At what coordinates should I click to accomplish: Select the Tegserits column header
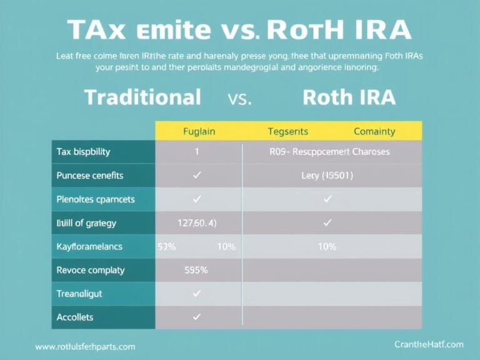click(x=288, y=131)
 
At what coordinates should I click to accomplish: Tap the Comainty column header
click(x=374, y=131)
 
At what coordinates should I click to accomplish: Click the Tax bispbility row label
click(x=83, y=152)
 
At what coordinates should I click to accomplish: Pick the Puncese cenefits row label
click(x=89, y=176)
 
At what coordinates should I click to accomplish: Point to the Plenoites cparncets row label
click(x=95, y=199)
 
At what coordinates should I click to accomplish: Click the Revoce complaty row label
click(x=90, y=270)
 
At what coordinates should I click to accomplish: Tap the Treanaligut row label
click(x=79, y=293)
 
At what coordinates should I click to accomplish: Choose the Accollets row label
click(x=74, y=317)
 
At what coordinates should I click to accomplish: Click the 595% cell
click(x=196, y=271)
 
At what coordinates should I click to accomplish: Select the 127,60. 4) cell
click(x=197, y=222)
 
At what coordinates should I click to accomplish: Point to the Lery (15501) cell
click(x=327, y=176)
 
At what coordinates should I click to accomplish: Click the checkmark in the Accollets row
click(x=197, y=317)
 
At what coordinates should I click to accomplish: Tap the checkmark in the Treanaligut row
click(x=197, y=293)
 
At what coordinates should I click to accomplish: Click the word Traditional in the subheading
click(x=142, y=97)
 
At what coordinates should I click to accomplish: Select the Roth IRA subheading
click(x=349, y=97)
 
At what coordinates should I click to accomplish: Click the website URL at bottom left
click(x=85, y=346)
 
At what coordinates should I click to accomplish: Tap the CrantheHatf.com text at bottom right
click(x=429, y=344)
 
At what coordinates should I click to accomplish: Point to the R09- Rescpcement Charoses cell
click(x=329, y=152)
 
